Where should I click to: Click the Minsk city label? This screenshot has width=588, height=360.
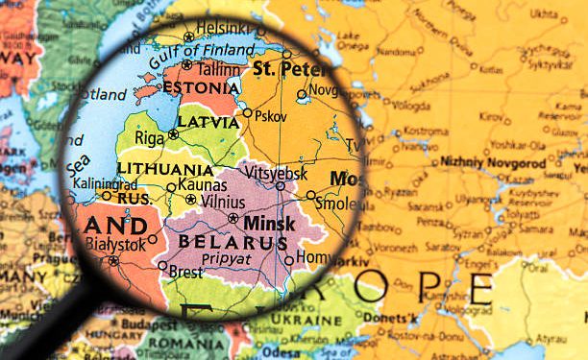271,223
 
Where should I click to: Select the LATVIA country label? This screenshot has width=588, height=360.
208,123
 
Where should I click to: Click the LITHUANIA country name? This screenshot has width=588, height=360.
165,168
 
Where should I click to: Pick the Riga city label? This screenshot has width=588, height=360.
149,137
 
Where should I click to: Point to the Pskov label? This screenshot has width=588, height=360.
272,114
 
